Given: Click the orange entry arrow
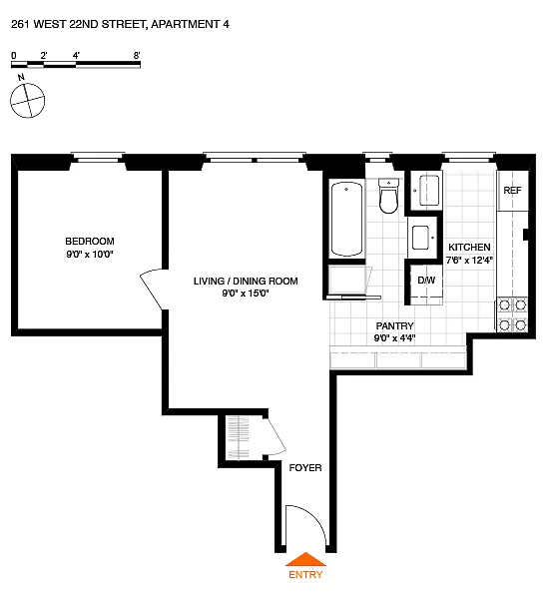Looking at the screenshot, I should coord(305,559).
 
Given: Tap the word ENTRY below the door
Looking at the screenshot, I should coord(305,575).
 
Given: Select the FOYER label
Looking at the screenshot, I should coord(305,467).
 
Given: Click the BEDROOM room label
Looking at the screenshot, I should coord(90,241).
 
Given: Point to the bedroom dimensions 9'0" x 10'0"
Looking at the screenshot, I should coord(90,255).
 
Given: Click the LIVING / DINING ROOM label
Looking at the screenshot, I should coord(246,281).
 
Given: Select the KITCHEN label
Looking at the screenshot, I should coord(468,248).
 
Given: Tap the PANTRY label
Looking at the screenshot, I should coord(394,325).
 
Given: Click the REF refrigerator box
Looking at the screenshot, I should coord(512,191).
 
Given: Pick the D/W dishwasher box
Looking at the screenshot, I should coord(426,280).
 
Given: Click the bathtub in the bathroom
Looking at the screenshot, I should coord(347,219).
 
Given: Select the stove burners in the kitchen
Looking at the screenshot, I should coord(512,314).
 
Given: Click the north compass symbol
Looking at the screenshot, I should coord(28,99).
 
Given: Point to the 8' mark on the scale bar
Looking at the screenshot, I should coord(136,56).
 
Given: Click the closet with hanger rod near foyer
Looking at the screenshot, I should coord(241,439).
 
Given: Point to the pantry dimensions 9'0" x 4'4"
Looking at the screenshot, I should coord(394,338).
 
